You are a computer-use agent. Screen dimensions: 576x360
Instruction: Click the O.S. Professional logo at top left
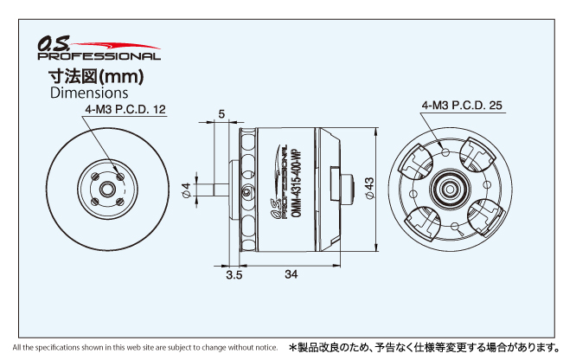tap(99, 48)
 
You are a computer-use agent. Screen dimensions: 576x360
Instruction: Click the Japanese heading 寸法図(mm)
tap(96, 76)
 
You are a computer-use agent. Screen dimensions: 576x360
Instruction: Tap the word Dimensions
tap(89, 93)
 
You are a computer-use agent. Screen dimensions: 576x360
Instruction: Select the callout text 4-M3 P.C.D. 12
tap(125, 109)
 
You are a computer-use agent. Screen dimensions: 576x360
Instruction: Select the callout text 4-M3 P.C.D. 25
tap(462, 106)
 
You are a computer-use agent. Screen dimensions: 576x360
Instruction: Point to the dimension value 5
tap(221, 114)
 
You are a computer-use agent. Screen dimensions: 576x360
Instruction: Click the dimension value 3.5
tap(234, 274)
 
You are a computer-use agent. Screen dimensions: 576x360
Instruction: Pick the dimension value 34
tap(291, 274)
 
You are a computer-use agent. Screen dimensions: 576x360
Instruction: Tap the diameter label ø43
tap(369, 189)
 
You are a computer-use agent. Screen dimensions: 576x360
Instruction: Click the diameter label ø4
tap(187, 190)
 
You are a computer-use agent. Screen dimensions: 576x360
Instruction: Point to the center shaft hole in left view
tap(107, 190)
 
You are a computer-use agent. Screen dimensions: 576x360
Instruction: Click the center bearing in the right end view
tap(450, 190)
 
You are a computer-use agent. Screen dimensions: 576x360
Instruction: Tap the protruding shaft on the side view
tap(221, 190)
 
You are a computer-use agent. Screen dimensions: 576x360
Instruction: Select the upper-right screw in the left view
tap(120, 177)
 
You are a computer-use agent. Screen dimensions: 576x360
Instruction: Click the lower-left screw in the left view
tap(95, 202)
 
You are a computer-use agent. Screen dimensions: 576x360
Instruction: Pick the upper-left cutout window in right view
tap(416, 162)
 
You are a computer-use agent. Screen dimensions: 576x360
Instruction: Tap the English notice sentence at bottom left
tap(145, 347)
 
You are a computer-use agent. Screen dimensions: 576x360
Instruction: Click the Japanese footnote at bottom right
tap(426, 347)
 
